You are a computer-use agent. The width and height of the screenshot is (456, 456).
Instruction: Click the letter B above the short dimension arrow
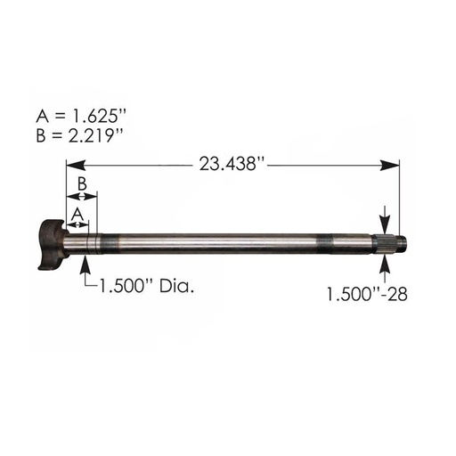[81, 183]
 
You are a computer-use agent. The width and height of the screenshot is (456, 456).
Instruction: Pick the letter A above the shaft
[78, 214]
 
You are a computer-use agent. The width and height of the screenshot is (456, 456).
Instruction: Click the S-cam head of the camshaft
[53, 240]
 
